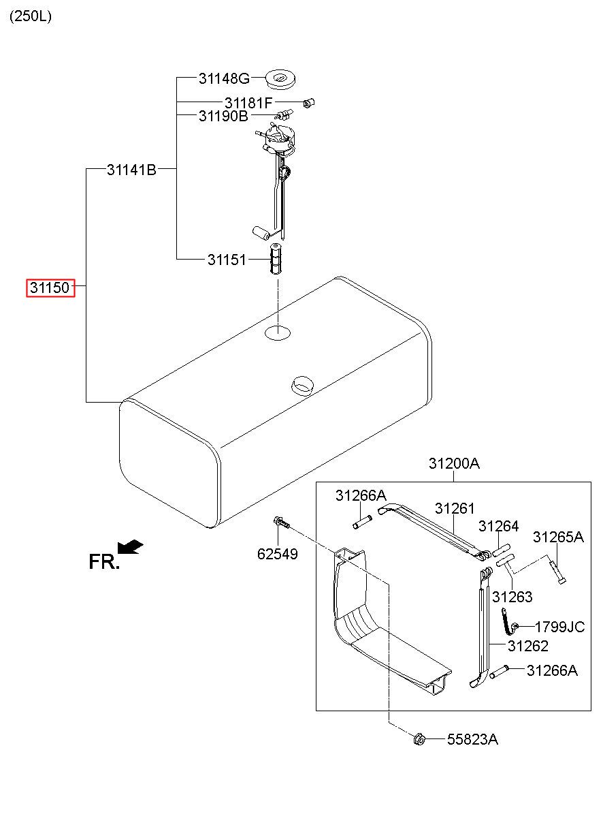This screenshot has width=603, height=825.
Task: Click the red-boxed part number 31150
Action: click(x=50, y=287)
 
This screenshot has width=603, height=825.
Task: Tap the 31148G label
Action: click(x=224, y=78)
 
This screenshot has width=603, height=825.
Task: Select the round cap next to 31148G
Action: click(x=280, y=79)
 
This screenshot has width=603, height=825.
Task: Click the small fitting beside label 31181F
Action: click(x=308, y=103)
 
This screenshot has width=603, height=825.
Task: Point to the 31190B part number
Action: click(x=223, y=116)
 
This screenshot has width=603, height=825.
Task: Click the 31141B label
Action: click(x=131, y=170)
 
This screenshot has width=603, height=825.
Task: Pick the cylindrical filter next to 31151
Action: click(x=275, y=259)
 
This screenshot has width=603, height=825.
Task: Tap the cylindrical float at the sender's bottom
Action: click(x=261, y=232)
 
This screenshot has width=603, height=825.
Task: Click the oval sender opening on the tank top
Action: click(x=278, y=333)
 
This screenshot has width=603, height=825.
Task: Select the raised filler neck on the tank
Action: click(x=301, y=386)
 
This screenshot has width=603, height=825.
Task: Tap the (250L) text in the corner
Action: click(x=31, y=16)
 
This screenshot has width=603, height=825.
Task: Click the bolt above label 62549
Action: click(x=282, y=523)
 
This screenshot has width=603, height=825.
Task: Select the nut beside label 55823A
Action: click(x=419, y=738)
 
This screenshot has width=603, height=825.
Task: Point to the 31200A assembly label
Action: click(x=454, y=463)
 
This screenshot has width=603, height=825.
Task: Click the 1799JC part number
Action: click(x=559, y=627)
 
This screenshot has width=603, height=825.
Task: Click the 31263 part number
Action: click(x=512, y=597)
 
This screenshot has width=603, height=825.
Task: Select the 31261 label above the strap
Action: click(x=455, y=508)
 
